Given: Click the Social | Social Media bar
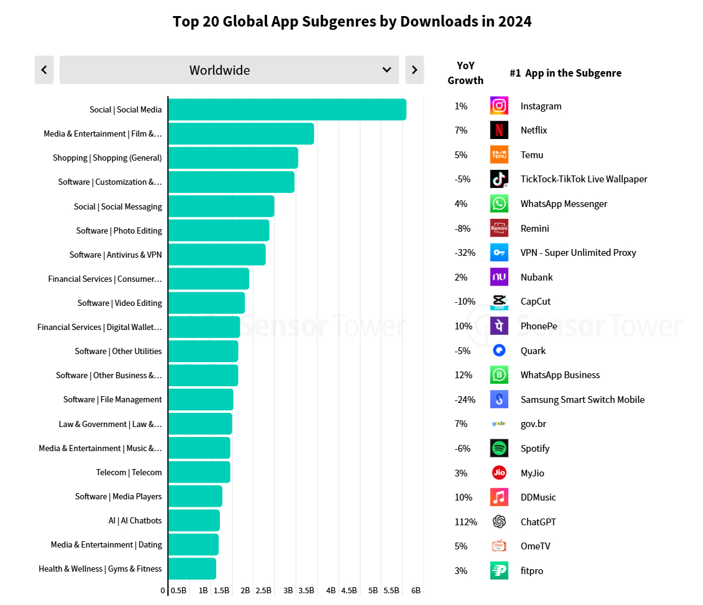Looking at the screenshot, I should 287,109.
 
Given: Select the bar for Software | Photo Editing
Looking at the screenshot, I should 219,231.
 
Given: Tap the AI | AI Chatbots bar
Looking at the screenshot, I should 193,520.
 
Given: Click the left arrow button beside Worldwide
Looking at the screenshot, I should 44,70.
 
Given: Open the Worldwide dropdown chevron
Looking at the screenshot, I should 387,70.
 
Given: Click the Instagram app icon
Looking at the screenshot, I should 499,106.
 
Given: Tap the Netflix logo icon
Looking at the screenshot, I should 499,130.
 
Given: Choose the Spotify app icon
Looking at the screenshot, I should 499,448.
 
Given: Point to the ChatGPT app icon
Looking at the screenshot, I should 499,522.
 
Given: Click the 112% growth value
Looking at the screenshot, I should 466,522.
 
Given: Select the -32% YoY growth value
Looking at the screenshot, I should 465,252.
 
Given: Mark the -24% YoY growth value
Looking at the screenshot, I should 465,399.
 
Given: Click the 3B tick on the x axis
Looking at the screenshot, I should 288,590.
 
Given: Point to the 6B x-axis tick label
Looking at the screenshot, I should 416,590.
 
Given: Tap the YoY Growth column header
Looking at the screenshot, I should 466,73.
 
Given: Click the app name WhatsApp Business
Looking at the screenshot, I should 560,374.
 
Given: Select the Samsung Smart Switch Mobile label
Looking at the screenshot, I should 582,399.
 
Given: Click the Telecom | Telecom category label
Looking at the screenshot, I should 128,472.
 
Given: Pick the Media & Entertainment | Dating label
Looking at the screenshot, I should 106,544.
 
